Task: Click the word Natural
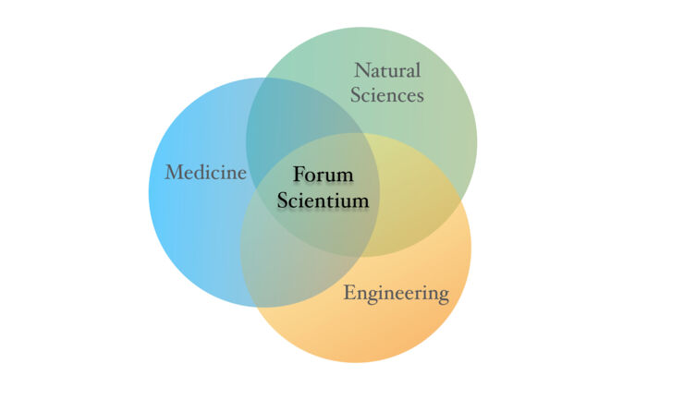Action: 387,70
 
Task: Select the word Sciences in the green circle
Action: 387,95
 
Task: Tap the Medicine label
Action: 205,173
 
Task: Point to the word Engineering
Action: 397,293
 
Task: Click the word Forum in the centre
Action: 323,175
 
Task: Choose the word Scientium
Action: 323,200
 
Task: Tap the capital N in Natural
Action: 362,70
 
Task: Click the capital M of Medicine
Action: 174,173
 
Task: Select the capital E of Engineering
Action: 349,292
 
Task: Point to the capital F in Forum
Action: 299,175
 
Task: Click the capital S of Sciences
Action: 356,95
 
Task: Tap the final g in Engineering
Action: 444,297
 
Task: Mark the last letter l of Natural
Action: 419,70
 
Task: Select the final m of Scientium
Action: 360,203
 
